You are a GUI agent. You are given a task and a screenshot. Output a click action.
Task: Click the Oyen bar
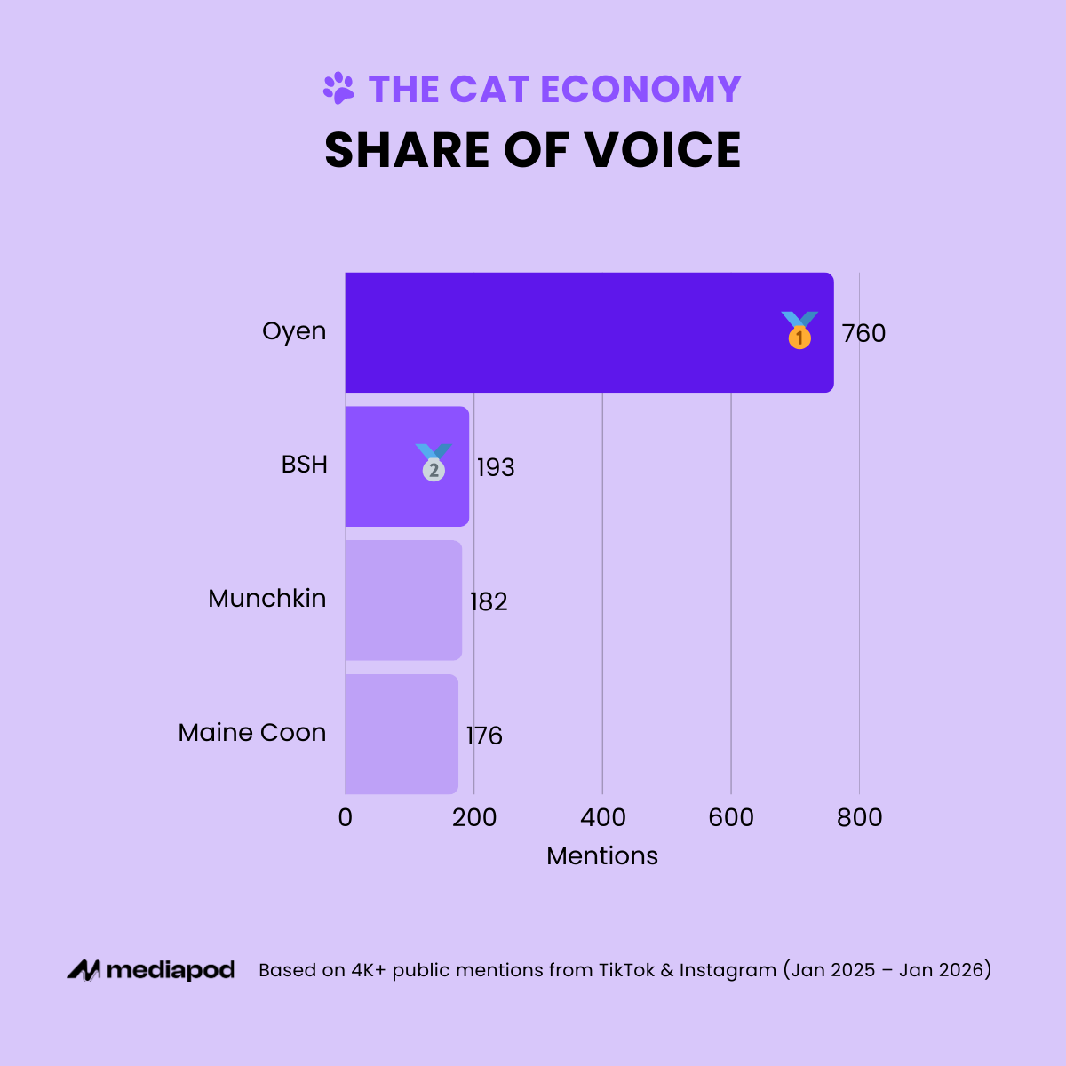tap(569, 332)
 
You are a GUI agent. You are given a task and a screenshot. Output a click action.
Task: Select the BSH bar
tap(382, 466)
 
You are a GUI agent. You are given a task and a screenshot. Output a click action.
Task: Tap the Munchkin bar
tap(403, 601)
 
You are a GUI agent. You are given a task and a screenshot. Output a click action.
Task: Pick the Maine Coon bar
tap(402, 735)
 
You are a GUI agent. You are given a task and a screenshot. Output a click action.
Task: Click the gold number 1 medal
tap(799, 330)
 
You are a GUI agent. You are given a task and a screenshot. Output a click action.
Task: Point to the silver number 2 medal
tap(434, 464)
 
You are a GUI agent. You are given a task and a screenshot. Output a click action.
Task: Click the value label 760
tap(863, 334)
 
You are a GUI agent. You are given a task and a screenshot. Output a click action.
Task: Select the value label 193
tap(495, 468)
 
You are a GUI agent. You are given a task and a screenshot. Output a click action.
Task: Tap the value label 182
tap(489, 602)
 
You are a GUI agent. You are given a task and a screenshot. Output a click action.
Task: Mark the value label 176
tap(484, 736)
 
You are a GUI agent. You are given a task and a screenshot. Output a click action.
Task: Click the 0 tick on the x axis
tap(346, 817)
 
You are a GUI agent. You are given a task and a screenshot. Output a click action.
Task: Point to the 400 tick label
tap(602, 817)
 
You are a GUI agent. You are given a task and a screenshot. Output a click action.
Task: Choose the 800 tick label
tap(859, 817)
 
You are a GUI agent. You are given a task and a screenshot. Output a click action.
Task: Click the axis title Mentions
tap(602, 856)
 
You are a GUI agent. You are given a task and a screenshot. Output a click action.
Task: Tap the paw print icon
tap(338, 88)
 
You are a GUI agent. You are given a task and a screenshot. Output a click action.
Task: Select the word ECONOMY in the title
tap(640, 89)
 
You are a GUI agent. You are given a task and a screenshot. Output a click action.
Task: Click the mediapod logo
tap(151, 970)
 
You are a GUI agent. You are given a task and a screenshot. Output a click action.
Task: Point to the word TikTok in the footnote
tap(626, 970)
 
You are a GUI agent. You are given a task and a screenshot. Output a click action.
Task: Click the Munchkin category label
tap(266, 599)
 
